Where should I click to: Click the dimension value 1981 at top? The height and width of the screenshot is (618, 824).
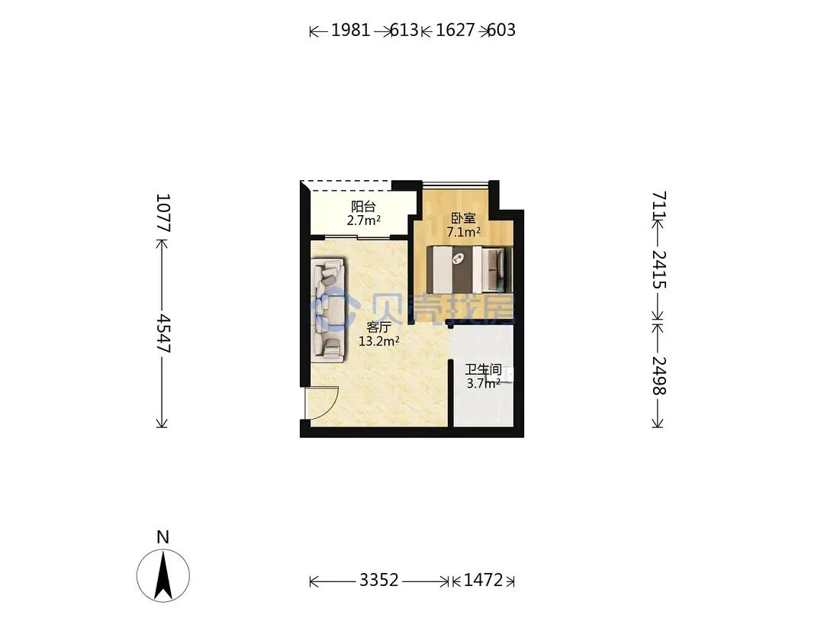tap(350, 31)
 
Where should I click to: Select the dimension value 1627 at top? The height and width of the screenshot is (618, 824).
tap(455, 31)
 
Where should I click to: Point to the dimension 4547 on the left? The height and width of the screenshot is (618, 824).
tap(163, 333)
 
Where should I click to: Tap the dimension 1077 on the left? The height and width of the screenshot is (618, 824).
tap(163, 213)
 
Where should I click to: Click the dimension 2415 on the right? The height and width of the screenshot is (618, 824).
tap(659, 269)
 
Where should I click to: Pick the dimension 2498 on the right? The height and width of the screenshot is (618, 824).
tap(659, 375)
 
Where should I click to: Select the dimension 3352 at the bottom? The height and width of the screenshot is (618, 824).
tap(379, 580)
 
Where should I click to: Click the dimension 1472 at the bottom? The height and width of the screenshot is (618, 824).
tap(484, 580)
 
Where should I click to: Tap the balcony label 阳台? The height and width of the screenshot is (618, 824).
tap(363, 207)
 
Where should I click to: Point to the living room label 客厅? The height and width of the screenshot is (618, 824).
tap(378, 327)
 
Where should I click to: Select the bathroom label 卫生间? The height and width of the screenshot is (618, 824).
tap(483, 369)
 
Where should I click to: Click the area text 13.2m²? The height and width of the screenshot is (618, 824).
tap(379, 342)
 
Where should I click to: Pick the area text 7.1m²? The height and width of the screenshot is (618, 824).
tap(464, 232)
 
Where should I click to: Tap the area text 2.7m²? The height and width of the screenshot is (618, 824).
tap(364, 220)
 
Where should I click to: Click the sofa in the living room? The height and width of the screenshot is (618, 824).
tap(329, 310)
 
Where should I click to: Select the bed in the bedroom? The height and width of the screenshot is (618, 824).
tap(468, 269)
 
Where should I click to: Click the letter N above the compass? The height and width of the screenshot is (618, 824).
tap(163, 538)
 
